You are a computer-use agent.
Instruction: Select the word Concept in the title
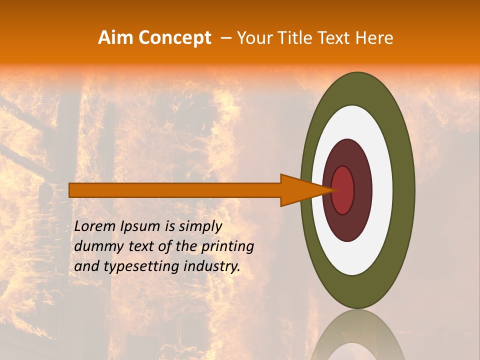tap(174, 38)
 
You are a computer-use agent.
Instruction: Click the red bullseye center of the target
tap(343, 190)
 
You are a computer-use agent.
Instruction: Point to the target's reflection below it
tap(357, 335)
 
